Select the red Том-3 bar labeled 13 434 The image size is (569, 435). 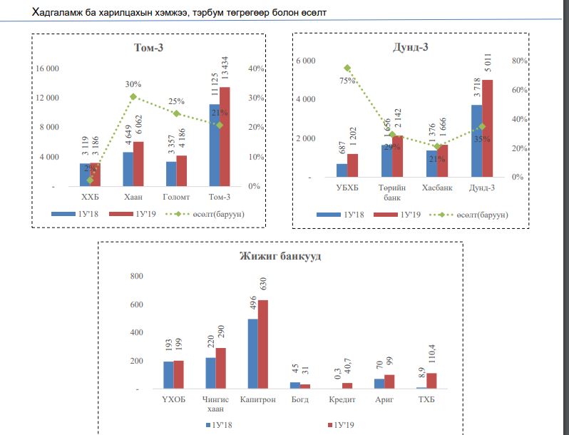[225, 136]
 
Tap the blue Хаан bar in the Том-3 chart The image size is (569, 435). [128, 169]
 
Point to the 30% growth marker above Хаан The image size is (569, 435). [133, 96]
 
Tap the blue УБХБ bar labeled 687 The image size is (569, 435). [342, 170]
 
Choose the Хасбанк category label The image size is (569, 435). [437, 187]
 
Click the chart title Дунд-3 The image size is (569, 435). [410, 48]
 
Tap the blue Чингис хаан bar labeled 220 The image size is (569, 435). [210, 373]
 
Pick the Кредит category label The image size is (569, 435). [341, 399]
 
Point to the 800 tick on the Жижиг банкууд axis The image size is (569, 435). [135, 276]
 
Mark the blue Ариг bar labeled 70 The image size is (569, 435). [379, 384]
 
